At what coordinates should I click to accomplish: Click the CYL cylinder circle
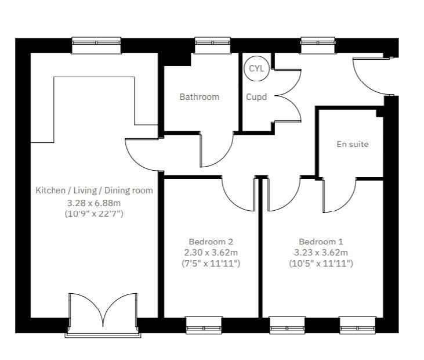256,68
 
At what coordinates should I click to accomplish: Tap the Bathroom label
199,97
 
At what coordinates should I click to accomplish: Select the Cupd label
256,97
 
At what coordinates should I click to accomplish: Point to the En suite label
352,144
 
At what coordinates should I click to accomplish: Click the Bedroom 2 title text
211,242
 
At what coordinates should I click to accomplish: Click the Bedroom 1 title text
321,242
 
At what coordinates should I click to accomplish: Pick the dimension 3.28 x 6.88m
94,203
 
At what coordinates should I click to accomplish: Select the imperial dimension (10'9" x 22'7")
94,214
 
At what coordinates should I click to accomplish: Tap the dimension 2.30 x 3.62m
211,253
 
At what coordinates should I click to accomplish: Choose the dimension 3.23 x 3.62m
321,253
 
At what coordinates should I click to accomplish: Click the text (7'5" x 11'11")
211,264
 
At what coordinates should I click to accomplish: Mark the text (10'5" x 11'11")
321,264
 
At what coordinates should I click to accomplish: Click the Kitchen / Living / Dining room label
94,190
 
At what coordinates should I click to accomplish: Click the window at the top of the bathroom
212,42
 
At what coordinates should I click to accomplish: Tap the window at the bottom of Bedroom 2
203,325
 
